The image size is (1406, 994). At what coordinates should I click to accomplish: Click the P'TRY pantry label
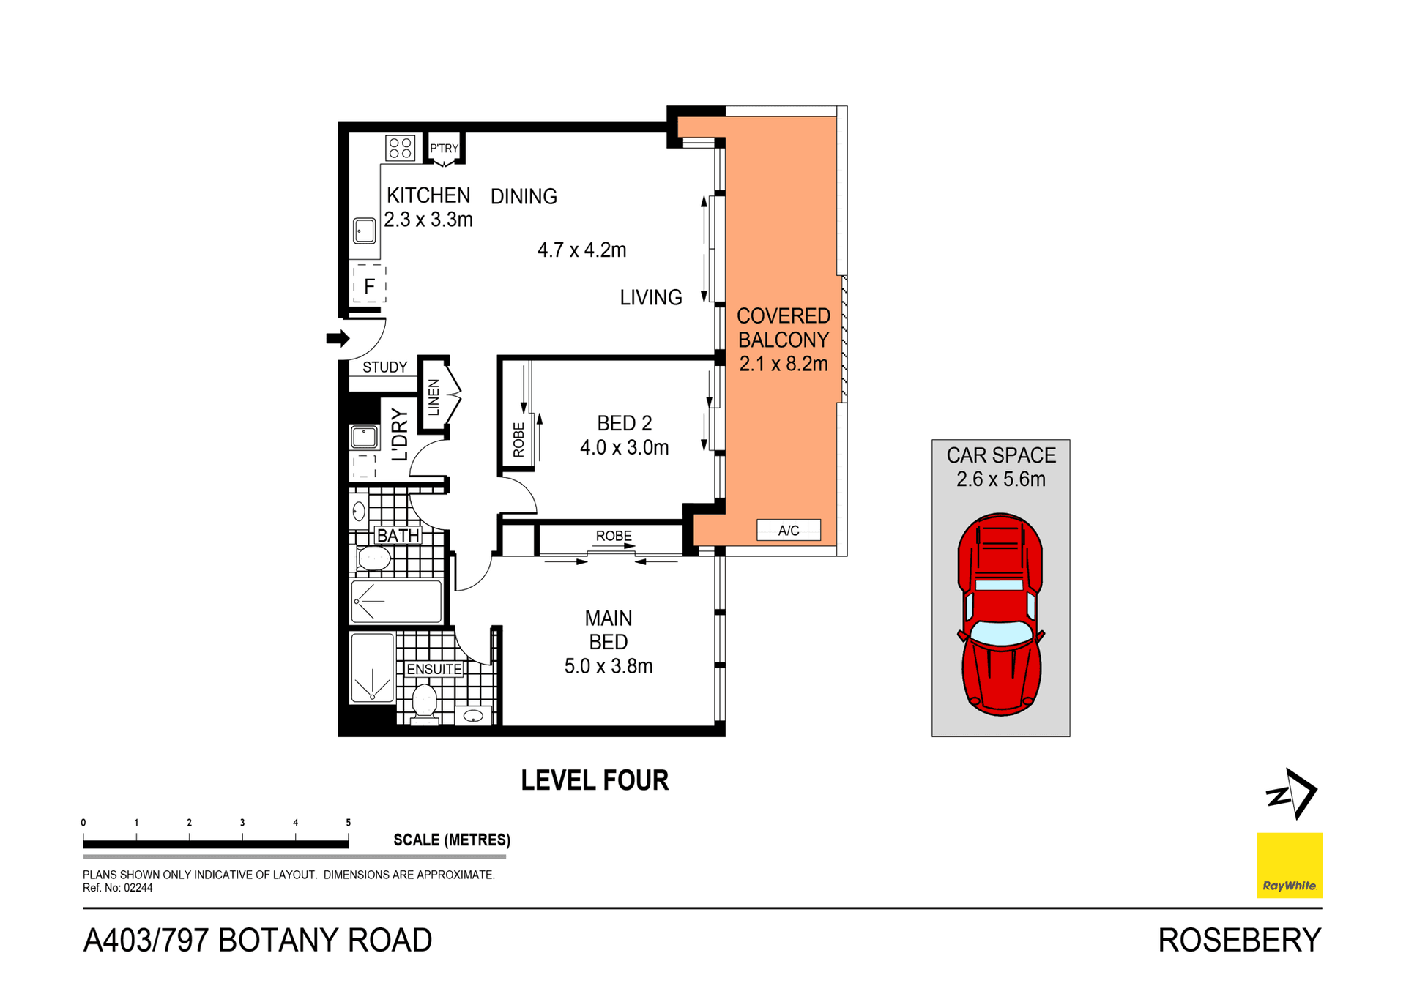444,149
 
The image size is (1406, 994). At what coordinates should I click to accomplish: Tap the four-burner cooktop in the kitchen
401,148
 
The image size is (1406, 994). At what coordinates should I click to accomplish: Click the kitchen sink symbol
365,231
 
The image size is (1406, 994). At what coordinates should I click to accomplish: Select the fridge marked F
369,285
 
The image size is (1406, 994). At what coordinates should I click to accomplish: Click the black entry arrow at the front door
338,338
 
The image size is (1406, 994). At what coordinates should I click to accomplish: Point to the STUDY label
384,367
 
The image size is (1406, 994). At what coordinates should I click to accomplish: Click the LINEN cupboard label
434,397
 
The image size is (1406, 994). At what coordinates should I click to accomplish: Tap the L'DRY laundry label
399,435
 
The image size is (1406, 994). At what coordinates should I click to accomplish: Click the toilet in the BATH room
373,558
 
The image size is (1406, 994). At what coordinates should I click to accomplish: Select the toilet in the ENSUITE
425,701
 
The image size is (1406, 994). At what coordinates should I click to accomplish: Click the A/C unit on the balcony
788,531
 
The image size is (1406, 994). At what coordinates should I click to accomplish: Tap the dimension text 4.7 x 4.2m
581,250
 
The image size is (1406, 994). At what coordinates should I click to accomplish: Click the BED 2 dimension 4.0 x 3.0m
624,447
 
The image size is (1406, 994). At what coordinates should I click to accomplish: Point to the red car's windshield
1000,633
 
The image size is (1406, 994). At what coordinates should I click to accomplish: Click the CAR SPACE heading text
1000,455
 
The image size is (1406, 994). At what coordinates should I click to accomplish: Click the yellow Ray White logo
1289,864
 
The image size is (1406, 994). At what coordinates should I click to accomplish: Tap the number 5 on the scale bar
349,823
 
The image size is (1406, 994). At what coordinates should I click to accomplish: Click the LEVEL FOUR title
595,780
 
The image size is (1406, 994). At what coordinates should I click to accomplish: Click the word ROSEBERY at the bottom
1239,941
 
